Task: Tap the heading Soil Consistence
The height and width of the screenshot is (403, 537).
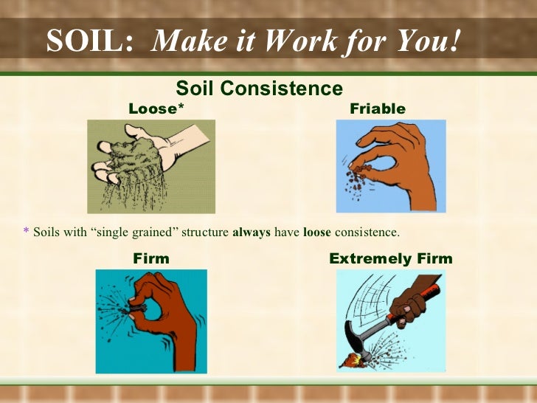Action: click(x=259, y=89)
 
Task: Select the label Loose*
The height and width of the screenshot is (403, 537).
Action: click(x=156, y=109)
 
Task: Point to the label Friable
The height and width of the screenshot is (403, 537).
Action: click(x=378, y=109)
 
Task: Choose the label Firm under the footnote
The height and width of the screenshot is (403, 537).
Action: click(x=151, y=259)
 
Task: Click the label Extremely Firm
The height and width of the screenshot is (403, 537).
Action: click(x=391, y=259)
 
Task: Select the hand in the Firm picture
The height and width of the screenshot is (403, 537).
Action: click(x=159, y=310)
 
